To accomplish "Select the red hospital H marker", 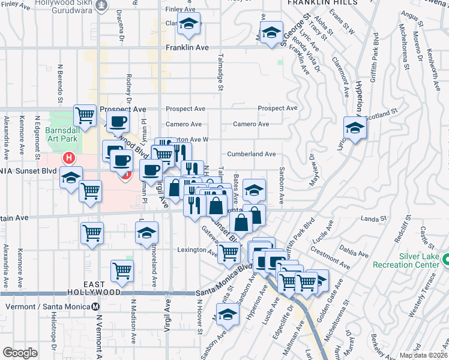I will [x=69, y=158].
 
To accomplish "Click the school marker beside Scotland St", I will [x=355, y=128].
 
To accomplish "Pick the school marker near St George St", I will [x=271, y=32].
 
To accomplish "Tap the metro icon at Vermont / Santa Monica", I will [x=97, y=306].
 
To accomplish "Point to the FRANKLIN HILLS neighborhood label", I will [x=322, y=3].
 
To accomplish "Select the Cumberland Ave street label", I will [x=251, y=154].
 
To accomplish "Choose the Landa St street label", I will [x=372, y=218].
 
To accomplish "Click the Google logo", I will [x=20, y=353].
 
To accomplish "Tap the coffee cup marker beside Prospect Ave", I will [x=118, y=122].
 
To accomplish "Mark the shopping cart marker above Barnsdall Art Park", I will [x=85, y=115].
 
